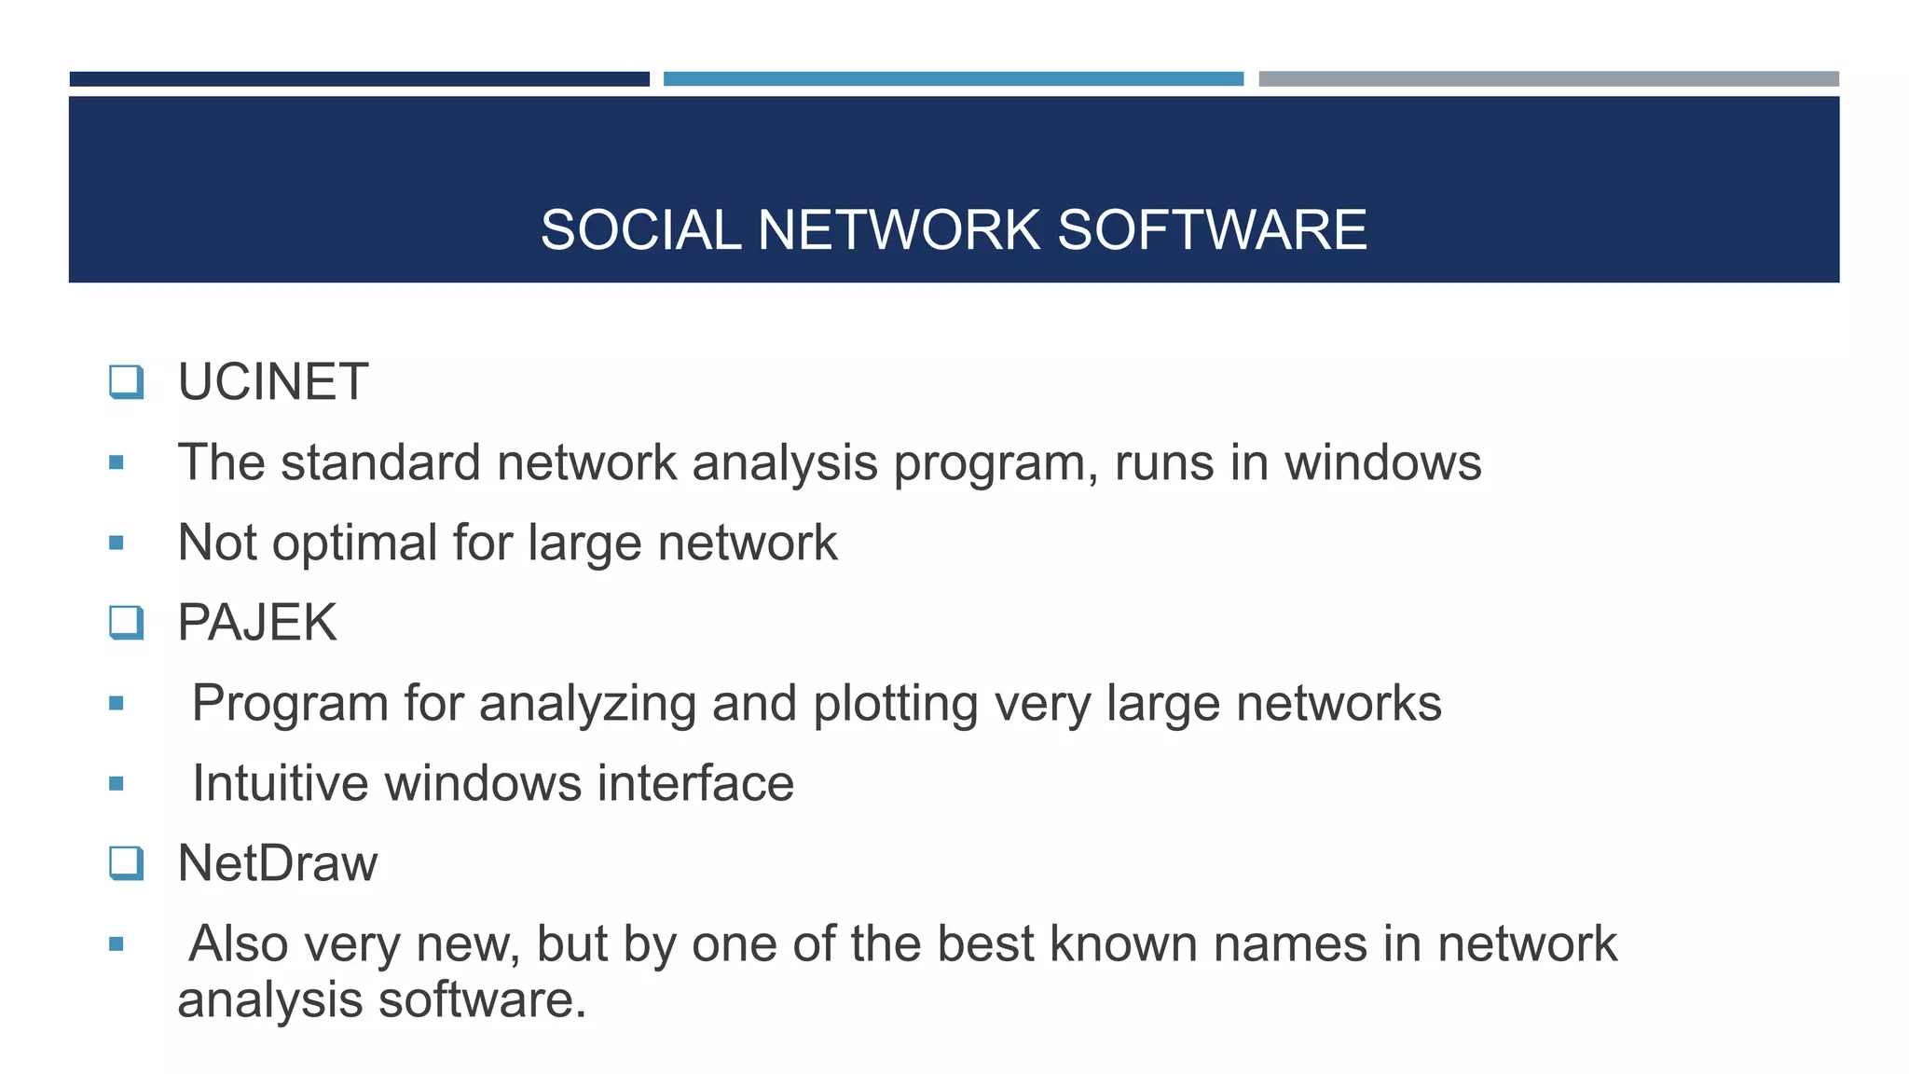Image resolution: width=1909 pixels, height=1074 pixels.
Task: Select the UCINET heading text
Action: coord(273,382)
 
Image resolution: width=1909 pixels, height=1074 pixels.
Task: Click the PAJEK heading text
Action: coord(257,623)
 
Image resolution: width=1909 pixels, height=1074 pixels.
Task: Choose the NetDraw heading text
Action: coord(278,863)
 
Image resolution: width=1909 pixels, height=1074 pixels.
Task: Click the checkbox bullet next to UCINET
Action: coord(126,382)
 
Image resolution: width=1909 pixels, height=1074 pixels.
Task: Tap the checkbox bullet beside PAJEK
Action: coord(126,623)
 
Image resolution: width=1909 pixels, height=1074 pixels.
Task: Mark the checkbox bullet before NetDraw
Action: coord(126,863)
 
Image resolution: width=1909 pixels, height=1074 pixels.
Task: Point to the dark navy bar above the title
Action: coord(359,79)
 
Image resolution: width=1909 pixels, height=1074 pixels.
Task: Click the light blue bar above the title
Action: coord(953,79)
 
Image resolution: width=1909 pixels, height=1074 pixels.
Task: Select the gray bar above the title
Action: coord(1548,79)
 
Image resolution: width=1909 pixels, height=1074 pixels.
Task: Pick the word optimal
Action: coord(354,544)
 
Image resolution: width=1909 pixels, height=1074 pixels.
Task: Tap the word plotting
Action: coord(895,704)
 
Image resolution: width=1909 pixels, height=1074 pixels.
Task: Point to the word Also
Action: coord(238,943)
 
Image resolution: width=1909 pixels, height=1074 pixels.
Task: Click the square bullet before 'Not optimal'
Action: coord(117,543)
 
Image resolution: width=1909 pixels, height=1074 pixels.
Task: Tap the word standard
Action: coord(380,462)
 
